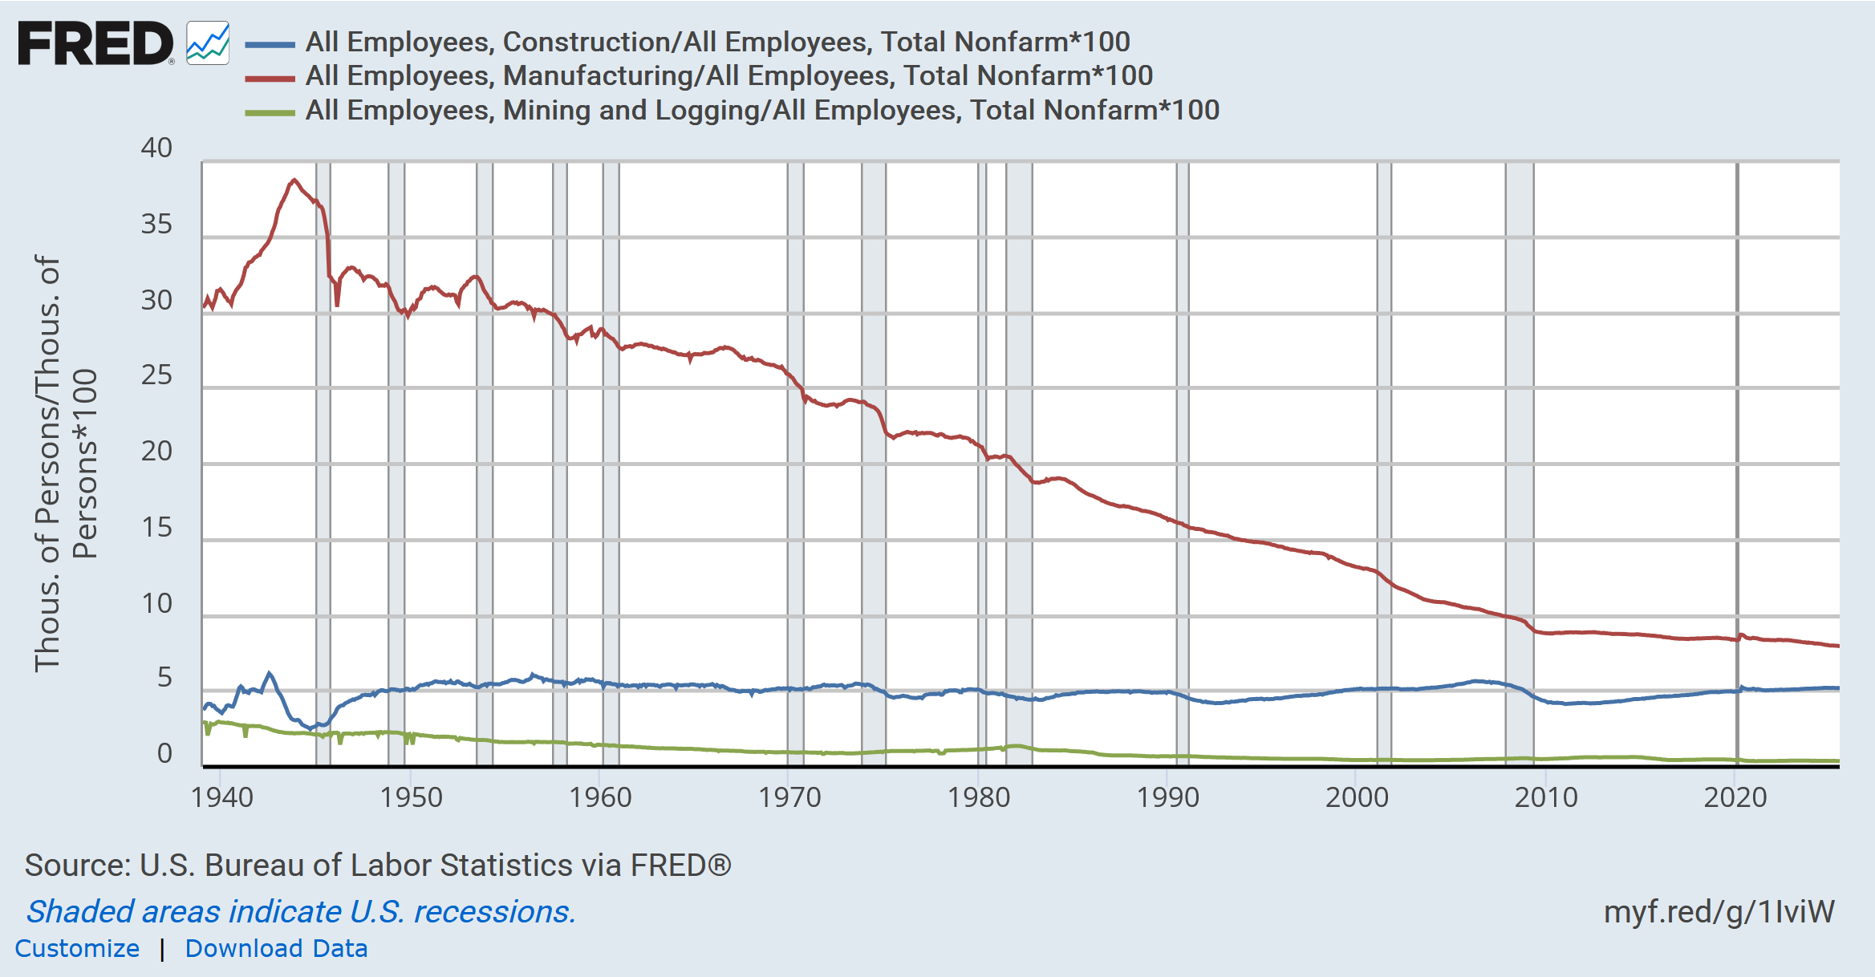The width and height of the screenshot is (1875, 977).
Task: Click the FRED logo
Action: [95, 43]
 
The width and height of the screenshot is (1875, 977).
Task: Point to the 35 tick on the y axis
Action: [156, 225]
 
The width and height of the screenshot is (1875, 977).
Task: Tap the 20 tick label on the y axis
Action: [156, 452]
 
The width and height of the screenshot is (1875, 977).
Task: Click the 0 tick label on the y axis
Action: [164, 754]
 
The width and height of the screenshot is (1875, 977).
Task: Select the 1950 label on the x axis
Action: [411, 797]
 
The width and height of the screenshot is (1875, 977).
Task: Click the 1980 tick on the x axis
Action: [979, 797]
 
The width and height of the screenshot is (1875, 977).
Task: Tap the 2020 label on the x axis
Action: [1735, 797]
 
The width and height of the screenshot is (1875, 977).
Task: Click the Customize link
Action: [77, 948]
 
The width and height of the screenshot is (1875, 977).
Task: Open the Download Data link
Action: [276, 948]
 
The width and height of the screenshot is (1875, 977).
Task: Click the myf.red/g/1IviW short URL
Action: [1719, 912]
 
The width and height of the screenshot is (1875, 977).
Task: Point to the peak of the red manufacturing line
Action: [294, 180]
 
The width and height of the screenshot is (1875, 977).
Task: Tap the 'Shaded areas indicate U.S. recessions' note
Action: [301, 912]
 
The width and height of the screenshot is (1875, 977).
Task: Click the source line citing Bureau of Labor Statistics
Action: [378, 866]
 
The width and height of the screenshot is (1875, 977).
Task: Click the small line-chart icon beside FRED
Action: [208, 43]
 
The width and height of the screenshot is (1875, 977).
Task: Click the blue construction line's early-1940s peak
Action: [269, 674]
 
